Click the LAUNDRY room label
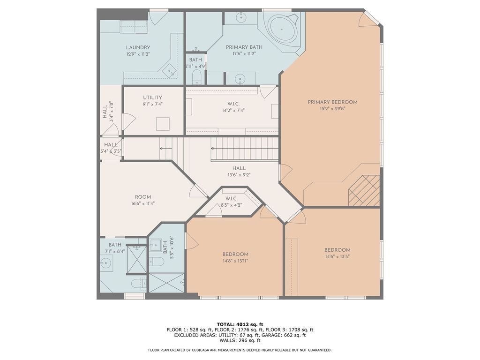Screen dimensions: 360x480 click(x=138, y=47)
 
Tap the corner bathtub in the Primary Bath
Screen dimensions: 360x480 click(x=282, y=30)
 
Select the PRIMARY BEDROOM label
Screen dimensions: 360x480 click(x=332, y=102)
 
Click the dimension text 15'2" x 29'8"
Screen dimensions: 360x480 click(x=332, y=109)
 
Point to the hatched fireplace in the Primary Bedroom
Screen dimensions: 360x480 click(x=364, y=190)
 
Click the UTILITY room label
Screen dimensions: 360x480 click(x=152, y=97)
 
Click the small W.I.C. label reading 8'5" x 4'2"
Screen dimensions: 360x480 click(x=232, y=198)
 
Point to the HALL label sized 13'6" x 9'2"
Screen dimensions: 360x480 click(x=239, y=168)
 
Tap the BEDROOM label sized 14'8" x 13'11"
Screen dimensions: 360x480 click(x=235, y=254)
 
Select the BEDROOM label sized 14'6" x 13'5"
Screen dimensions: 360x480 click(x=337, y=250)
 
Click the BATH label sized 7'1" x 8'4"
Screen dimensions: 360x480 click(x=115, y=245)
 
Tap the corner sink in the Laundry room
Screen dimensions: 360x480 click(x=170, y=71)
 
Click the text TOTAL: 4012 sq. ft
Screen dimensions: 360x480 click(x=240, y=324)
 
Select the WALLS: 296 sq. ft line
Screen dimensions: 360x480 click(x=240, y=341)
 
